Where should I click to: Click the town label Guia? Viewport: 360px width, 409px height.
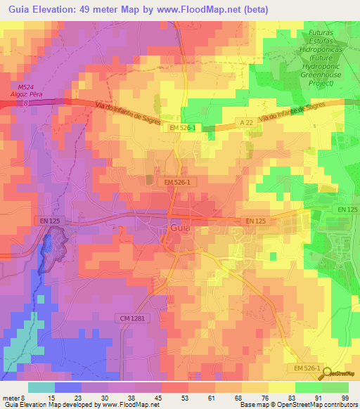tap(181, 228)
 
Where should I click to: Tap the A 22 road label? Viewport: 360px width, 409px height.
tap(245, 122)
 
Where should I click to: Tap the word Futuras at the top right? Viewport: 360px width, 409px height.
tap(324, 34)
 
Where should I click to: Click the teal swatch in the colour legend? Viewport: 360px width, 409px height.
tap(41, 387)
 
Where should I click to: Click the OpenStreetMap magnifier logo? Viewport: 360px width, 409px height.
tap(325, 373)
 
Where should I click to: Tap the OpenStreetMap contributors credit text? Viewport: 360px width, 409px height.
tap(310, 405)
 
